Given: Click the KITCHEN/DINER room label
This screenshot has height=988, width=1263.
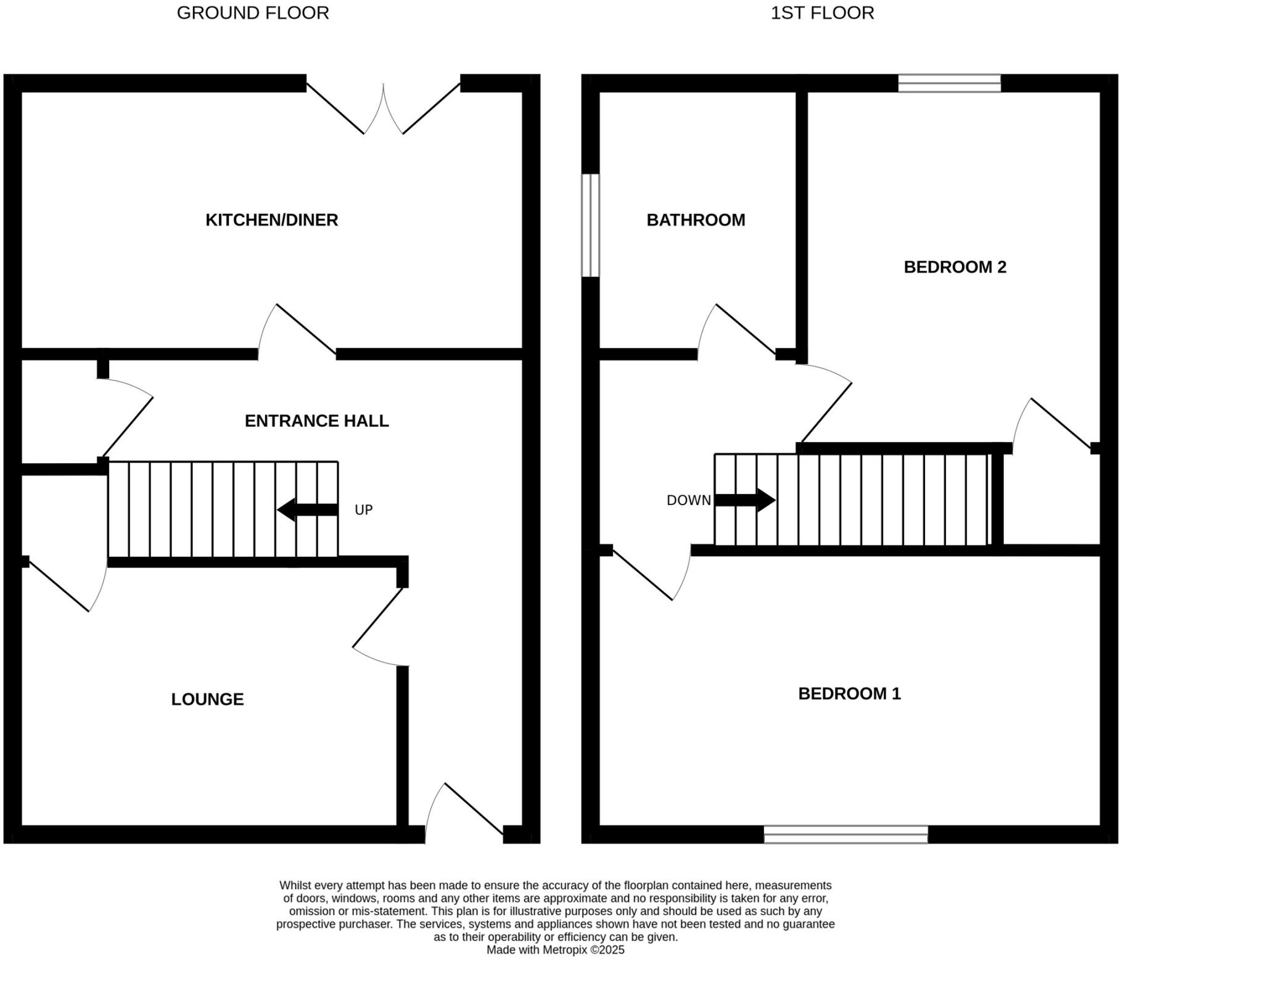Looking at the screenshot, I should click(x=271, y=220).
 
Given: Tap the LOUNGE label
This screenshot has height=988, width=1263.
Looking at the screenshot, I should click(x=207, y=699).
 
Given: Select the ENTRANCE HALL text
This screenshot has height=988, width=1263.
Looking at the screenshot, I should click(x=316, y=421).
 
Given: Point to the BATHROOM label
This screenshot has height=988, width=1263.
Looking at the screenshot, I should click(x=696, y=220).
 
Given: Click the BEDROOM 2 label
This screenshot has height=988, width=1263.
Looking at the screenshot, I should click(x=955, y=267).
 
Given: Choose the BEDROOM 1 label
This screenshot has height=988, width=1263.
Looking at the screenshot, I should click(x=849, y=694).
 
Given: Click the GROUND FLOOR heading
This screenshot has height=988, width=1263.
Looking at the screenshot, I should click(x=253, y=13).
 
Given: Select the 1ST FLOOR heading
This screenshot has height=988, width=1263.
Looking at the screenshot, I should click(x=822, y=13).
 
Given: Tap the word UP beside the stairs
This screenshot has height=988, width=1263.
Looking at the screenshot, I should click(x=363, y=510).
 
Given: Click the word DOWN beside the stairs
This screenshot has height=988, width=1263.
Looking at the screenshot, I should click(x=688, y=501).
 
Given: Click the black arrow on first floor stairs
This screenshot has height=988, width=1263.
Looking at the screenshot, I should click(x=744, y=500).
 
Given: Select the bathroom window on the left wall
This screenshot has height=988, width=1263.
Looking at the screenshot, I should click(x=590, y=225).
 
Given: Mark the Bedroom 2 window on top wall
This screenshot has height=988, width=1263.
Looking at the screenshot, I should click(x=949, y=83).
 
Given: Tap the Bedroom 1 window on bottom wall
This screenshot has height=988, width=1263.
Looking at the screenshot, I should click(x=845, y=834).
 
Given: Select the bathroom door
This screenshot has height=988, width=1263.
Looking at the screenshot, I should click(x=736, y=333).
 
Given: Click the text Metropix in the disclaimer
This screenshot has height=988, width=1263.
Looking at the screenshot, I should click(x=564, y=950).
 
